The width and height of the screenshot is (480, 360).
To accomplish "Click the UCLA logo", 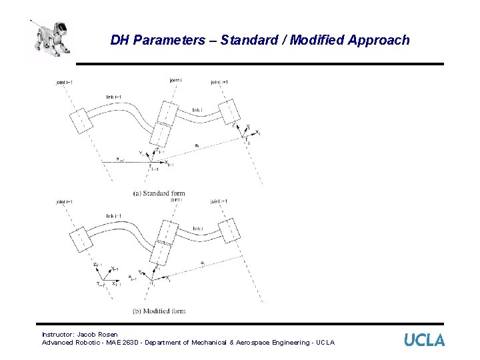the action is click(x=424, y=340).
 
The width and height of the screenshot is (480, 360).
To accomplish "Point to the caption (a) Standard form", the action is click(x=159, y=193).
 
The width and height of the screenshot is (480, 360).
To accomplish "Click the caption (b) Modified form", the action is click(x=159, y=311).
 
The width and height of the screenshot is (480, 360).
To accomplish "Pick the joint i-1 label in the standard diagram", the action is click(x=65, y=83).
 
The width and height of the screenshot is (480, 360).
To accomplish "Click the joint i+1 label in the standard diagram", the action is click(x=220, y=83).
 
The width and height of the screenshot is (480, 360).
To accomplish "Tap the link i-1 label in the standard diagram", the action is click(x=113, y=97).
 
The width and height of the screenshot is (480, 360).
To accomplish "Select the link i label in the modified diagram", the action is click(x=197, y=229).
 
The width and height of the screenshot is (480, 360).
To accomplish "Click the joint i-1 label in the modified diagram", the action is click(x=65, y=201).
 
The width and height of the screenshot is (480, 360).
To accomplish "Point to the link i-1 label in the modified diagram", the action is click(x=113, y=216).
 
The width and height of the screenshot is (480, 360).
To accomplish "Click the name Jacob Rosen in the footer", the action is click(x=97, y=334).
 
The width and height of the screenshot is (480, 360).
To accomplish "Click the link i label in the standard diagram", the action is click(x=197, y=110).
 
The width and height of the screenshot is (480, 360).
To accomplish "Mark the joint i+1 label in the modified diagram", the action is click(x=220, y=201).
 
